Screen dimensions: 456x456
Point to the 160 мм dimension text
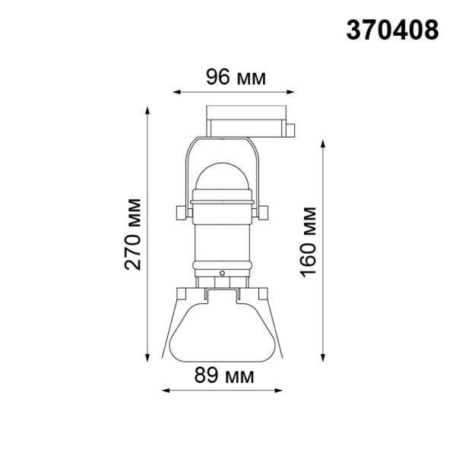tap(308, 242)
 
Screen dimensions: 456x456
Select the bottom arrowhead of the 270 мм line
tap(148, 359)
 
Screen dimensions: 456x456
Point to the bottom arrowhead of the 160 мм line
tap(325, 359)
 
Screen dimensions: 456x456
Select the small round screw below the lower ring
tap(222, 272)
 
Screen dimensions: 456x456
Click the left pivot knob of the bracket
tap(179, 211)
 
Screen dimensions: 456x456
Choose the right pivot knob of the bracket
tap(265, 211)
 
